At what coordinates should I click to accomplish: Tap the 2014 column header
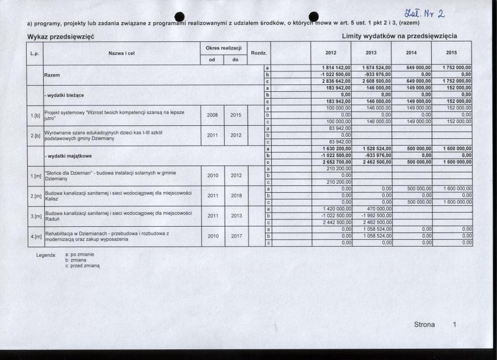(x=412, y=53)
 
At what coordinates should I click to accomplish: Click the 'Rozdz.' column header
(x=259, y=53)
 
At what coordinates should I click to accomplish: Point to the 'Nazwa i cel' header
(x=121, y=53)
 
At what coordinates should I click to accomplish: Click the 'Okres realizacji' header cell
(x=224, y=49)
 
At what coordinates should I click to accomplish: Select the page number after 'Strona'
(x=454, y=324)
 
